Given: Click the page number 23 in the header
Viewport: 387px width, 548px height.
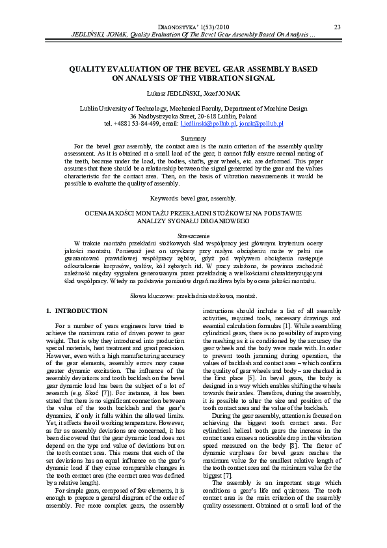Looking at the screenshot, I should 337,27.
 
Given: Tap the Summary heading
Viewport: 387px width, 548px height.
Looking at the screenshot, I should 193,139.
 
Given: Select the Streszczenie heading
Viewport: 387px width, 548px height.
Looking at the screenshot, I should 193,234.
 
